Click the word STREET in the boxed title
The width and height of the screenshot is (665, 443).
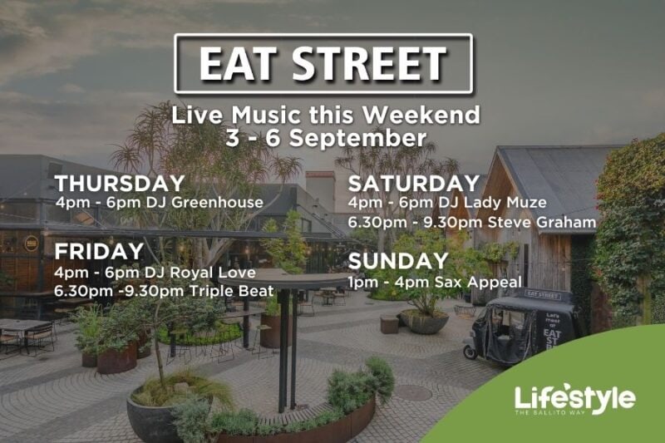point(369,64)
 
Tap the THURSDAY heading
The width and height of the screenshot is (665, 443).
point(120,184)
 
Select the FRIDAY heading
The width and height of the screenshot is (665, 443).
point(99,251)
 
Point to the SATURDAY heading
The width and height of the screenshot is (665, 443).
point(413,183)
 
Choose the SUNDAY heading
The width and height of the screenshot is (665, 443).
point(398,261)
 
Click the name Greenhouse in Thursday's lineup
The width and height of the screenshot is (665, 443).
point(217,203)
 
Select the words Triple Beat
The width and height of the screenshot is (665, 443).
point(231,291)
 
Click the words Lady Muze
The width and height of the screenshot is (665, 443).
point(505,202)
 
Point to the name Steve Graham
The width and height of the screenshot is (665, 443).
point(542,222)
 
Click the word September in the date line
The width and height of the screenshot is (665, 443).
point(352,139)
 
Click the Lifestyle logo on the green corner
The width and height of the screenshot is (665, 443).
point(574,399)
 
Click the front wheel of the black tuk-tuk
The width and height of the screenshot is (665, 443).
point(470,352)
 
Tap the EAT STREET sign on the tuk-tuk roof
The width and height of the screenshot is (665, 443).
point(544,294)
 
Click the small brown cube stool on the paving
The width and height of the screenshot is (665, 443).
point(389,325)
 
